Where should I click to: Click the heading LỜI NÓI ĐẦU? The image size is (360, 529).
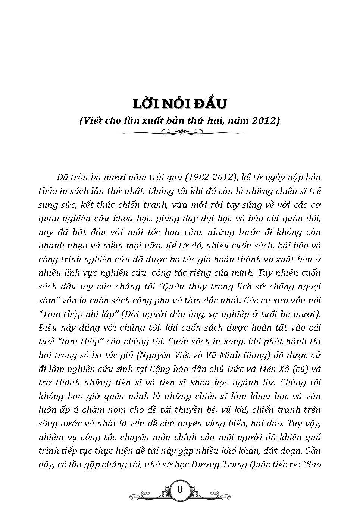click(180, 104)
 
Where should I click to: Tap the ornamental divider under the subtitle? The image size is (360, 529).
click(180, 131)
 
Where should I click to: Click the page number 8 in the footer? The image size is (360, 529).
click(180, 489)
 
